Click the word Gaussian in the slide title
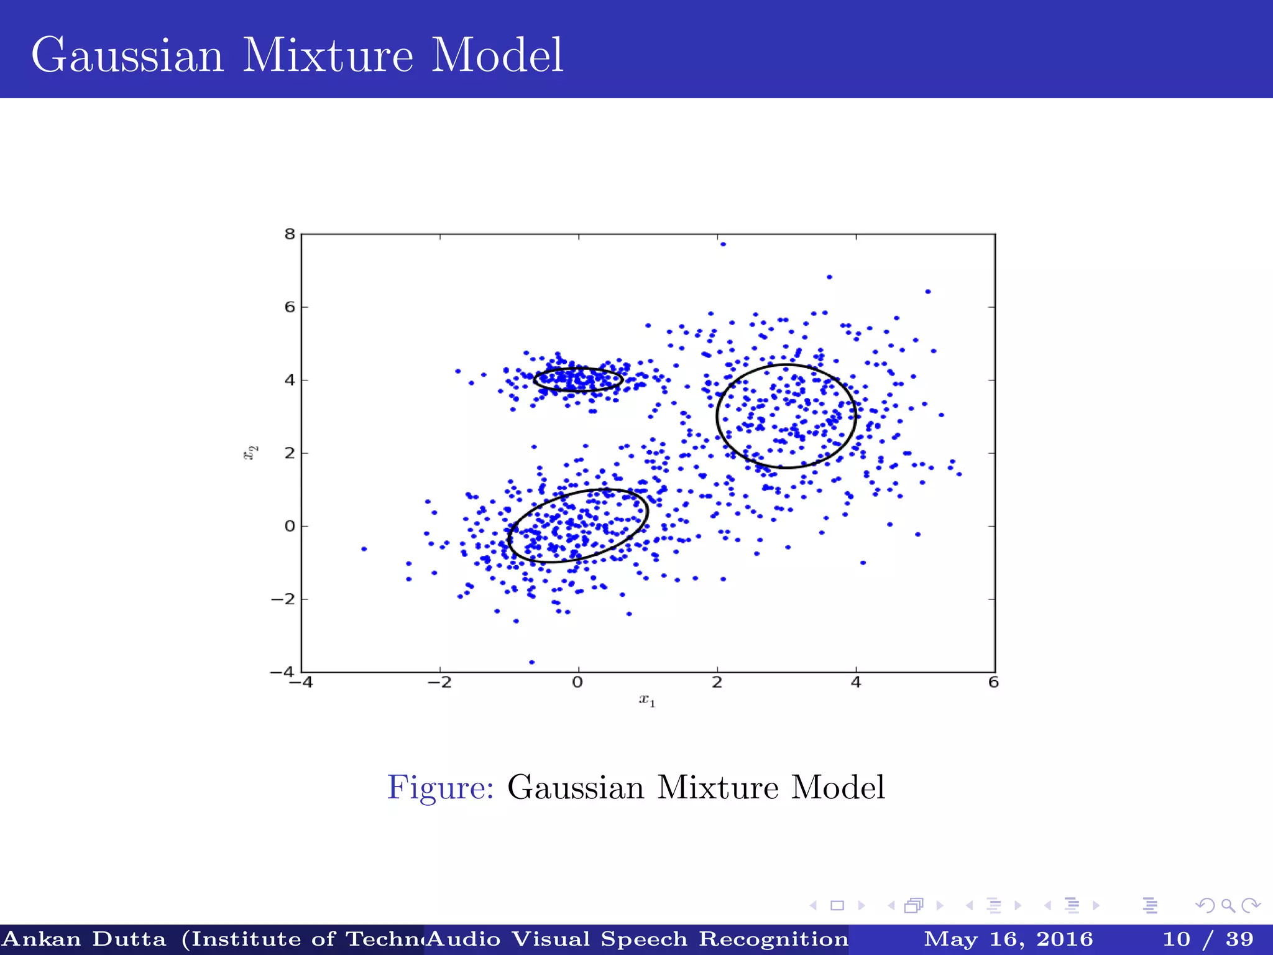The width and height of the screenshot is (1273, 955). [x=127, y=56]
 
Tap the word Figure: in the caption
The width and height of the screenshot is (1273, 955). [x=440, y=788]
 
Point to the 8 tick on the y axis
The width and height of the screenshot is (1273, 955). [x=290, y=234]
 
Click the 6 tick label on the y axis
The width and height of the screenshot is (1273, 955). [x=290, y=307]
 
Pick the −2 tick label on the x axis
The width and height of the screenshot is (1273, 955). [x=439, y=683]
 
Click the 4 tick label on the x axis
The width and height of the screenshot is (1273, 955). [x=856, y=683]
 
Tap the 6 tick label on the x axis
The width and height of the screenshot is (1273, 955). [x=993, y=683]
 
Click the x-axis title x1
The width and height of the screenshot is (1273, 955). [x=647, y=701]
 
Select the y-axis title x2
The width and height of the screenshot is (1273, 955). [x=250, y=453]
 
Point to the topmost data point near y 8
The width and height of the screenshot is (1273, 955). [x=723, y=244]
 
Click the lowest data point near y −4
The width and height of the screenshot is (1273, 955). [x=531, y=662]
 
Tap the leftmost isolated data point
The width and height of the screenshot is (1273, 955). [x=364, y=549]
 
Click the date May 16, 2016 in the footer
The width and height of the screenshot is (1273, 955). [x=1008, y=939]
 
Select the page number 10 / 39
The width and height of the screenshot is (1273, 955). [x=1208, y=939]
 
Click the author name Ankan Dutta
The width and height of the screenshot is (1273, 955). [x=85, y=939]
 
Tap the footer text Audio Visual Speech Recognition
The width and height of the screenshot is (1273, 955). [x=637, y=939]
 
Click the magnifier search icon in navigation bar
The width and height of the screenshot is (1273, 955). [x=1228, y=906]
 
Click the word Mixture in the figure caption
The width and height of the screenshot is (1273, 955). [x=718, y=788]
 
